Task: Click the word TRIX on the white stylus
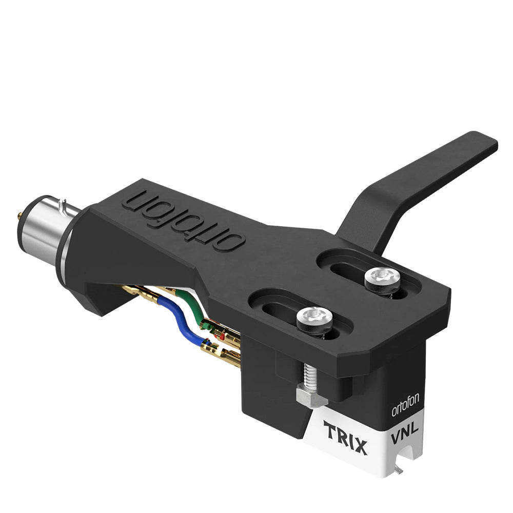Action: pyautogui.click(x=345, y=438)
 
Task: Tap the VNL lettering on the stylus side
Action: pyautogui.click(x=404, y=432)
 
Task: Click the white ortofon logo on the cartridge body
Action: pyautogui.click(x=405, y=405)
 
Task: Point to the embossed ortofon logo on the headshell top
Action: pyautogui.click(x=184, y=220)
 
